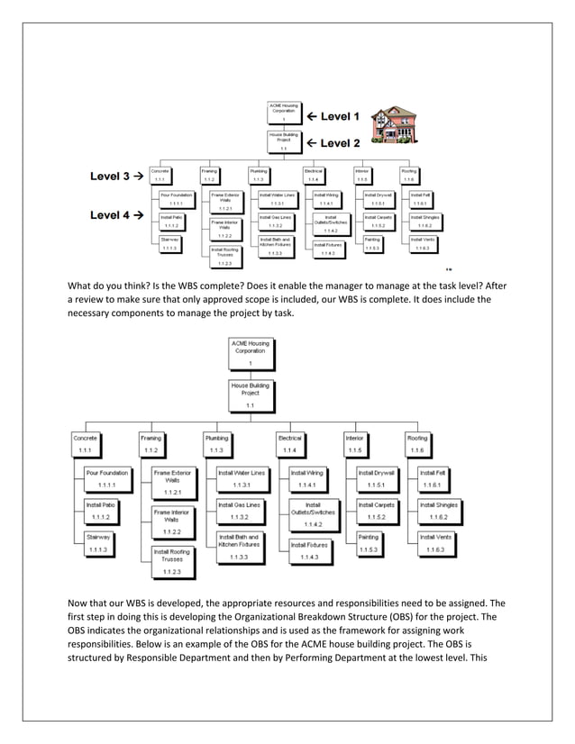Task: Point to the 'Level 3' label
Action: click(112, 177)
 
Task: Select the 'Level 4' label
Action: click(112, 215)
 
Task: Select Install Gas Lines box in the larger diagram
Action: click(240, 510)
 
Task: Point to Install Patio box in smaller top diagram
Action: click(170, 221)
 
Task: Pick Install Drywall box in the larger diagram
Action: click(378, 477)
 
